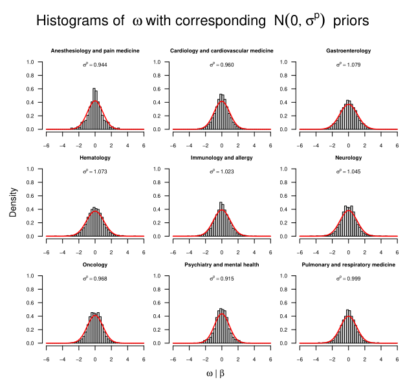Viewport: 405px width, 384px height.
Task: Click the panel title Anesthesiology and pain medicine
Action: click(x=94, y=50)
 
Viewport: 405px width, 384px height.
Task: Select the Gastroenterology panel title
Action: click(x=348, y=50)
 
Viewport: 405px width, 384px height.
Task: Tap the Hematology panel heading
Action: click(x=94, y=158)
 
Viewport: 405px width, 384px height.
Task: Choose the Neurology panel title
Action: click(x=348, y=158)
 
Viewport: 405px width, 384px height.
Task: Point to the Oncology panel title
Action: click(x=94, y=265)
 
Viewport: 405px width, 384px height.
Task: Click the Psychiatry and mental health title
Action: click(x=221, y=265)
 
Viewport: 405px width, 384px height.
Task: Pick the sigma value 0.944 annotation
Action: click(x=95, y=65)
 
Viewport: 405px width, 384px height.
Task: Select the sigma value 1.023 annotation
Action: click(x=222, y=172)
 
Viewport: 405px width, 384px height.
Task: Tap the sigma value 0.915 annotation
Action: click(x=222, y=279)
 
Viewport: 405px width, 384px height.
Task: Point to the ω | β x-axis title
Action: click(x=215, y=373)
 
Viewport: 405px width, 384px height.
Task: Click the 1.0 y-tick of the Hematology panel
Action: click(x=30, y=169)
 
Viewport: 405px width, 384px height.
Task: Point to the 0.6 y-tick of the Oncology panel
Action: click(x=30, y=303)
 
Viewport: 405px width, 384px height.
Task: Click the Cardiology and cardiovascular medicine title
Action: click(x=221, y=50)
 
